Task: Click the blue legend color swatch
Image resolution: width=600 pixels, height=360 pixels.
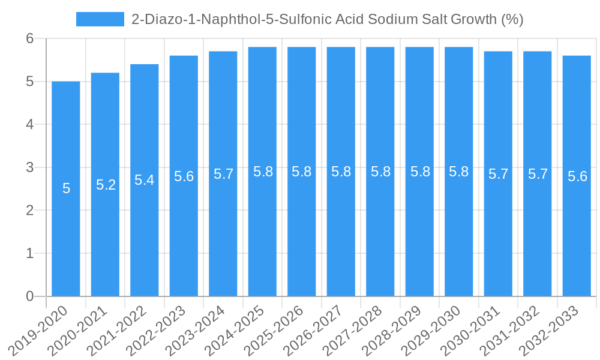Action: click(x=100, y=19)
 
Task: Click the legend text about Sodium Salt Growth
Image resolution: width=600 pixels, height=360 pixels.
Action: click(x=327, y=19)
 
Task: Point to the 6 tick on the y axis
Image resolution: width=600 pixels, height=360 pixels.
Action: click(x=30, y=38)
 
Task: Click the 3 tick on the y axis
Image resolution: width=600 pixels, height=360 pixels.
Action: click(x=30, y=167)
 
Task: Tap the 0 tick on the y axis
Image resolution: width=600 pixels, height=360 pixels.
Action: click(x=30, y=296)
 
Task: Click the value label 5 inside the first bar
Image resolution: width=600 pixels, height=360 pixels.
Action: click(x=66, y=188)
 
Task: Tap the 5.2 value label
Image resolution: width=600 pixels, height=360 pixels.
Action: click(x=106, y=185)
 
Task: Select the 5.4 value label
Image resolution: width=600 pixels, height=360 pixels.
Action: click(x=145, y=180)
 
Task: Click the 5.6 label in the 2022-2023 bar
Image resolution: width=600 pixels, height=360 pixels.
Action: click(x=184, y=176)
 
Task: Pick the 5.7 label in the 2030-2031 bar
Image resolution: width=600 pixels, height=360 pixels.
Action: click(x=498, y=174)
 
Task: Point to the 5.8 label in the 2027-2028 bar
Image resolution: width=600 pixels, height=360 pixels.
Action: click(x=380, y=172)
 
